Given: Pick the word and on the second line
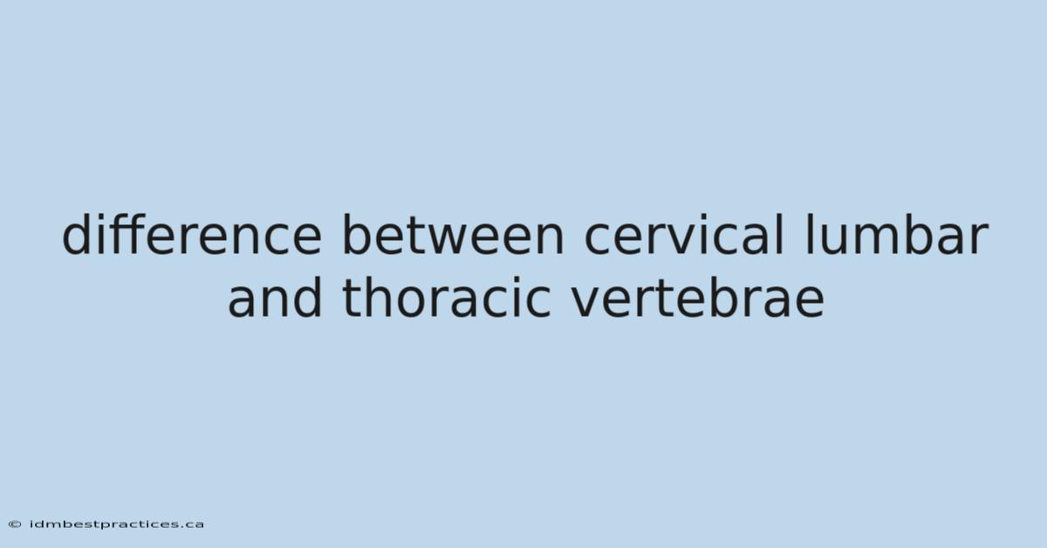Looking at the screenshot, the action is [x=275, y=297].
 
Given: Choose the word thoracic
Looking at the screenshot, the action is [x=447, y=297].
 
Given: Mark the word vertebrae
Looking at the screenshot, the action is [x=698, y=297].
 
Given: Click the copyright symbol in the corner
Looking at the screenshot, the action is [x=15, y=524].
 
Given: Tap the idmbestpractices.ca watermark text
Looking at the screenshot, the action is [x=117, y=524].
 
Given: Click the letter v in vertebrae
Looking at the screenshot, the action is [x=587, y=303].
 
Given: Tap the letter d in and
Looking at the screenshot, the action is [x=307, y=298].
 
